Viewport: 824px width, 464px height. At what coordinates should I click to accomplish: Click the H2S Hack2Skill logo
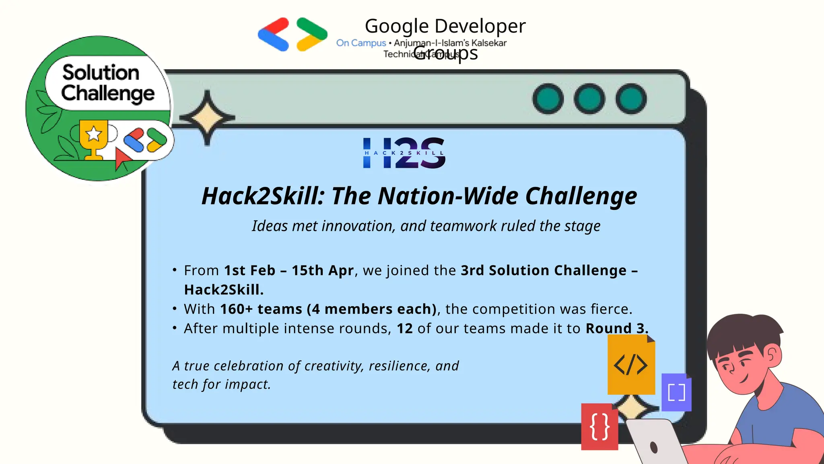[x=404, y=153]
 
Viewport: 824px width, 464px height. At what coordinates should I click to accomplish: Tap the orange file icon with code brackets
[x=631, y=365]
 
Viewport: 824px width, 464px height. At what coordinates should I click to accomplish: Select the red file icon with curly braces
[x=599, y=427]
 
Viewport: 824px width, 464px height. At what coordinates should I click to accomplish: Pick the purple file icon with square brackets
[x=676, y=392]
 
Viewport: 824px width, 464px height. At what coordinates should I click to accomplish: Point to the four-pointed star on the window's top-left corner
[x=207, y=118]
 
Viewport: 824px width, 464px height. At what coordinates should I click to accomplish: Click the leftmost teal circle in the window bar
[x=548, y=99]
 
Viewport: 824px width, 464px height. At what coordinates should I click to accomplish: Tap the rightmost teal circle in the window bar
[x=631, y=99]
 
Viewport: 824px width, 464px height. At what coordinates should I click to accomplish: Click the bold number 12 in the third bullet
[x=405, y=328]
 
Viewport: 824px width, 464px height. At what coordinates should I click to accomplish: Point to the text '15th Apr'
[x=322, y=270]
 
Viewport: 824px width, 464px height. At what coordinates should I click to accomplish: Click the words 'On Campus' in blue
[x=361, y=43]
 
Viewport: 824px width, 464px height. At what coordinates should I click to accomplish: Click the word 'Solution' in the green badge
[x=101, y=72]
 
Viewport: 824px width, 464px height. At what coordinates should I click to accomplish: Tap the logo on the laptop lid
[x=654, y=447]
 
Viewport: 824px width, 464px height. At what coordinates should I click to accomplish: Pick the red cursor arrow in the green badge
[x=122, y=158]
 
